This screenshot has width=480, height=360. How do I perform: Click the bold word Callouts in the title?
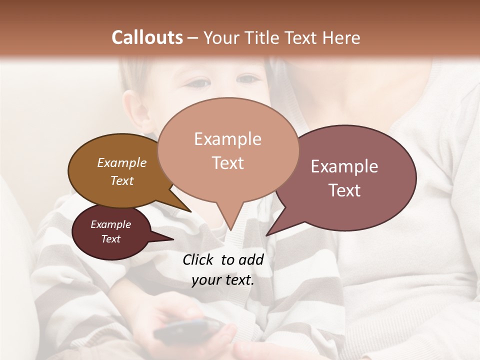pyautogui.click(x=147, y=38)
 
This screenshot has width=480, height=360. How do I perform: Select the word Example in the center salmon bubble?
pyautogui.click(x=227, y=139)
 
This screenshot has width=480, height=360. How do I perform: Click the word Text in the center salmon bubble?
pyautogui.click(x=227, y=163)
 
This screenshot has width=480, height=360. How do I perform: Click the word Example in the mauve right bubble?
pyautogui.click(x=344, y=166)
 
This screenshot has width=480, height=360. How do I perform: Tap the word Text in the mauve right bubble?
pyautogui.click(x=344, y=190)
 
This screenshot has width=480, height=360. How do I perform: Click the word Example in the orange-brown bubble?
pyautogui.click(x=122, y=163)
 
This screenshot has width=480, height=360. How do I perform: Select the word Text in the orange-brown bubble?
pyautogui.click(x=122, y=180)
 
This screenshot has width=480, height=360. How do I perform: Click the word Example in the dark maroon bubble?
pyautogui.click(x=110, y=224)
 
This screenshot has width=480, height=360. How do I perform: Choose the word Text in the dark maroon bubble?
pyautogui.click(x=110, y=239)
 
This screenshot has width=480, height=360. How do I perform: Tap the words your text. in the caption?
pyautogui.click(x=223, y=280)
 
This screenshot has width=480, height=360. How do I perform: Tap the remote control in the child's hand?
pyautogui.click(x=188, y=330)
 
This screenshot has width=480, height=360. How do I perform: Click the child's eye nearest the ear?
pyautogui.click(x=199, y=83)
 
